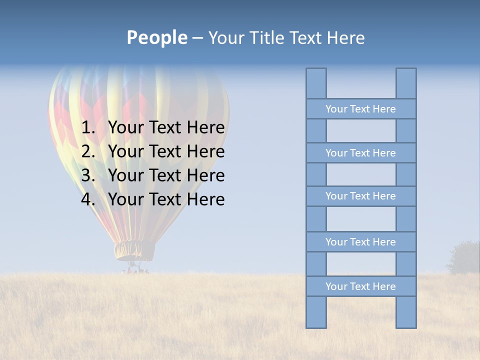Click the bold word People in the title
pyautogui.click(x=156, y=37)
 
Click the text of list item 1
pyautogui.click(x=166, y=128)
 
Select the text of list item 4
pyautogui.click(x=166, y=199)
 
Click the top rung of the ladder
pyautogui.click(x=360, y=109)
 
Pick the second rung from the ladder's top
pyautogui.click(x=360, y=153)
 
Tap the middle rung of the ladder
pyautogui.click(x=360, y=196)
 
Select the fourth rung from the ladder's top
pyautogui.click(x=360, y=242)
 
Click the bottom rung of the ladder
pyautogui.click(x=360, y=286)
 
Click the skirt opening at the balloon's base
pyautogui.click(x=134, y=250)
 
